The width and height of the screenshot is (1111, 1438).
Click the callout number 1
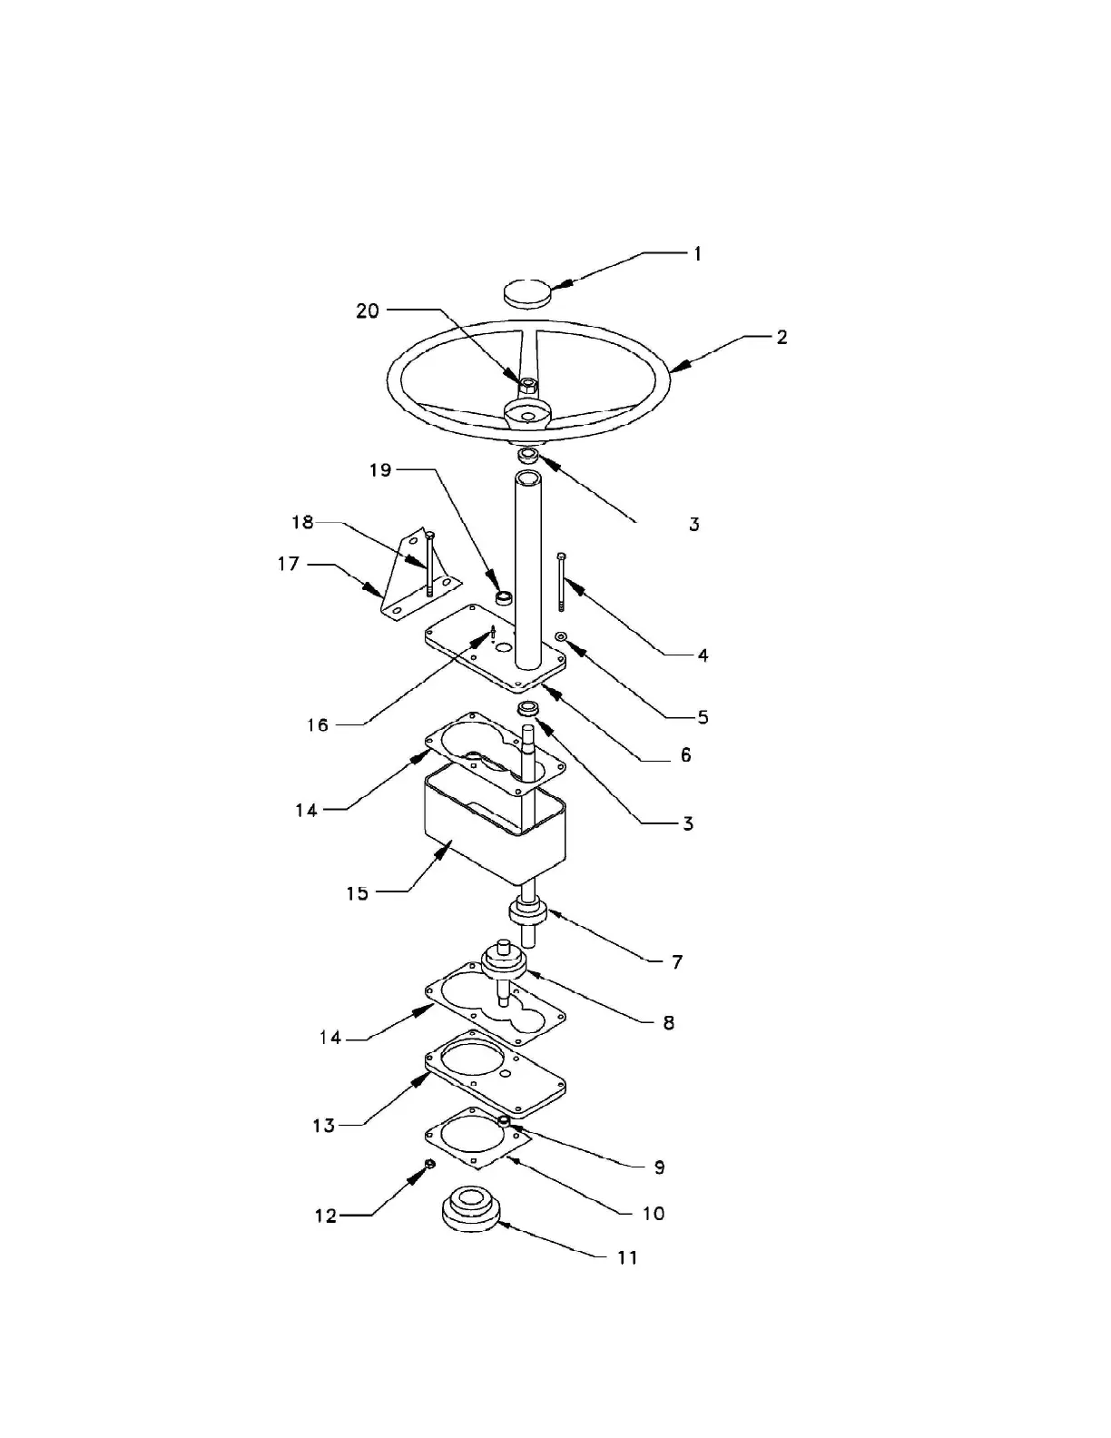pos(697,254)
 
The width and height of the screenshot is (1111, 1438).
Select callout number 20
pos(368,311)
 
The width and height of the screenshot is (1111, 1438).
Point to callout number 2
pos(782,338)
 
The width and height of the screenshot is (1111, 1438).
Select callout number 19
pos(380,470)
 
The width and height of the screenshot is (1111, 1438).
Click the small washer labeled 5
pos(562,637)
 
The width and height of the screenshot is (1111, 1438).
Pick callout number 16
pos(318,725)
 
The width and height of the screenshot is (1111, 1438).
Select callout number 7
pos(677,962)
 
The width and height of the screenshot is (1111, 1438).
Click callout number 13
pos(324,1126)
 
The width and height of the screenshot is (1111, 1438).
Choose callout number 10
pos(654,1214)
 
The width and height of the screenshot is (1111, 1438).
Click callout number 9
pos(660,1167)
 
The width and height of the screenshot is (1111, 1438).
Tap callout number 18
pos(302,523)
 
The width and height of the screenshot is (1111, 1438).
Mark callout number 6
pos(685,755)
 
